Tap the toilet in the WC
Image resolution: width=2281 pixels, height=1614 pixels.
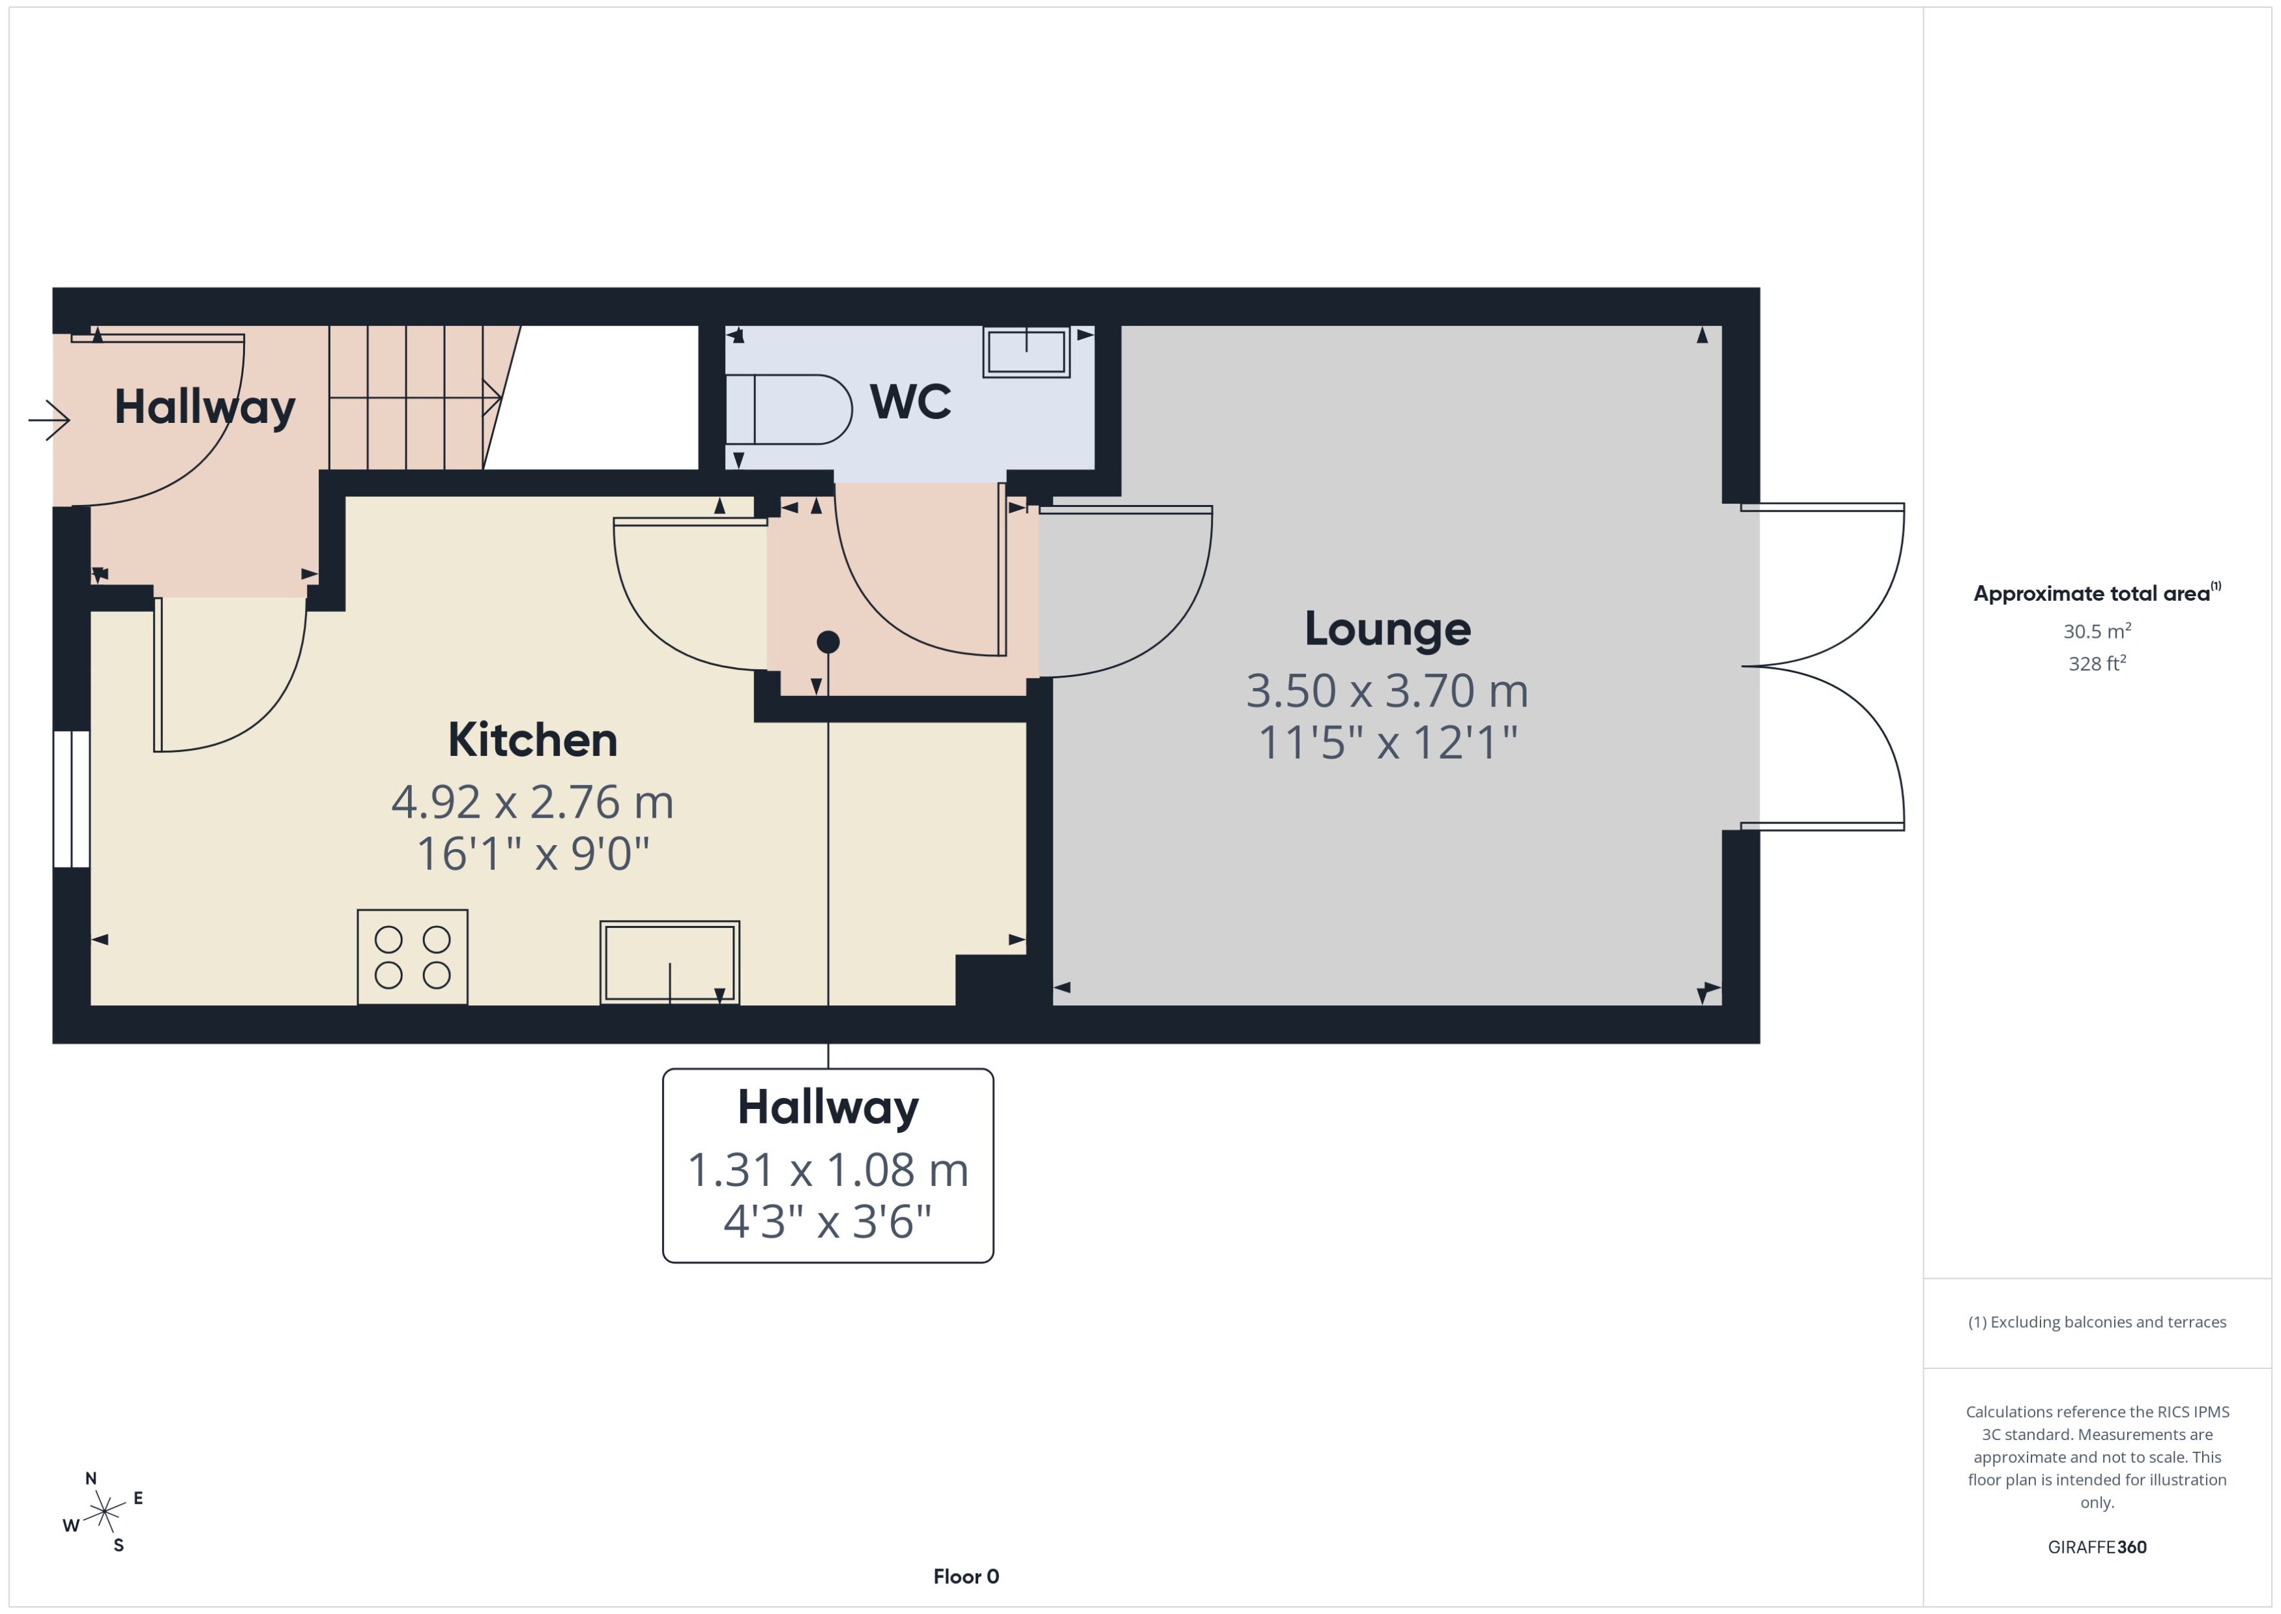pos(790,409)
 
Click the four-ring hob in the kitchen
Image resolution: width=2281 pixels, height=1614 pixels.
pos(413,956)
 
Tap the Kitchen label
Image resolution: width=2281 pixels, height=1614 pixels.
pos(532,740)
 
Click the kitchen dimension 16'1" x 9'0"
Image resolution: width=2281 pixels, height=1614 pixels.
pos(532,854)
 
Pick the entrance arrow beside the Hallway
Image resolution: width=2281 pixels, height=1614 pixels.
pos(50,420)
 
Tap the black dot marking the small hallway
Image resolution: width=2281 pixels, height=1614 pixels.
pos(828,642)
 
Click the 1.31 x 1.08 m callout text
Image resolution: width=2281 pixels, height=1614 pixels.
pos(827,1170)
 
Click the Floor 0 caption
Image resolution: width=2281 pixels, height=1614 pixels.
pos(966,1576)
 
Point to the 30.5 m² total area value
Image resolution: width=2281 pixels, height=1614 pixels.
pos(2096,632)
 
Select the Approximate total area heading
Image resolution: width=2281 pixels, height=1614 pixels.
pos(2091,594)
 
